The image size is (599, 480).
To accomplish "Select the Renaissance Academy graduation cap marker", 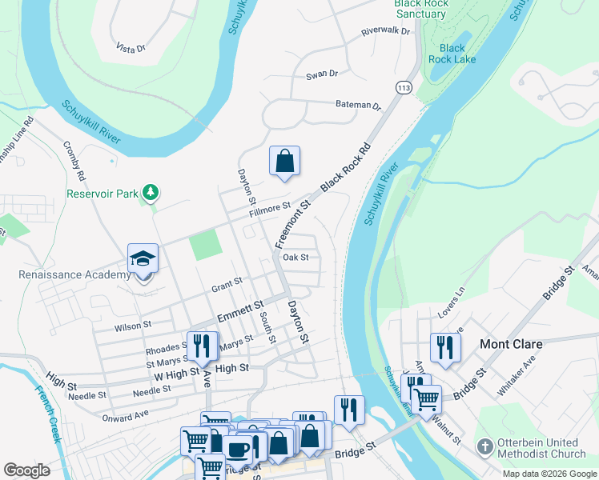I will click(143, 260).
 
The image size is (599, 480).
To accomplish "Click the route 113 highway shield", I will click(404, 86).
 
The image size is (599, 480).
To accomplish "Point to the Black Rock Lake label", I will click(452, 54).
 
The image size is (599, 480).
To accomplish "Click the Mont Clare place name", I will click(511, 345).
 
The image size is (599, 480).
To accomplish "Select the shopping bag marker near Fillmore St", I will click(284, 161).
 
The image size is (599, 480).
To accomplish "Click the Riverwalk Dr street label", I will click(385, 32).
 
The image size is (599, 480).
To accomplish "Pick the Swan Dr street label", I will click(322, 74).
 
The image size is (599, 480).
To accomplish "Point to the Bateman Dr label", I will click(358, 105).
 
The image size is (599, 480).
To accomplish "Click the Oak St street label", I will click(295, 258).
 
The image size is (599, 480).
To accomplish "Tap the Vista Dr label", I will click(131, 48).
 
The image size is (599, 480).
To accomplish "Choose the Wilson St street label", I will click(133, 326).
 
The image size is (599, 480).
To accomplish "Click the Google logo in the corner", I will click(27, 470).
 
